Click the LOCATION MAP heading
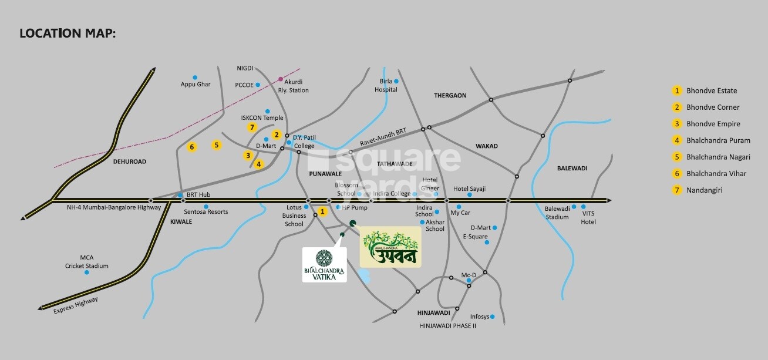click(68, 33)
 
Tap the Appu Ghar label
click(195, 85)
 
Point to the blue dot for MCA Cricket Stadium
click(87, 272)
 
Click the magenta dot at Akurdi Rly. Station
click(281, 79)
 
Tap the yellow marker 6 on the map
click(191, 147)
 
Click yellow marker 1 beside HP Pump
click(322, 211)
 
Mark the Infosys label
click(479, 317)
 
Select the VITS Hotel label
click(588, 218)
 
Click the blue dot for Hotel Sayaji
click(469, 194)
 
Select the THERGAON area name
click(450, 95)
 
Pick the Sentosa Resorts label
click(206, 211)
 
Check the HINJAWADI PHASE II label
click(447, 325)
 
